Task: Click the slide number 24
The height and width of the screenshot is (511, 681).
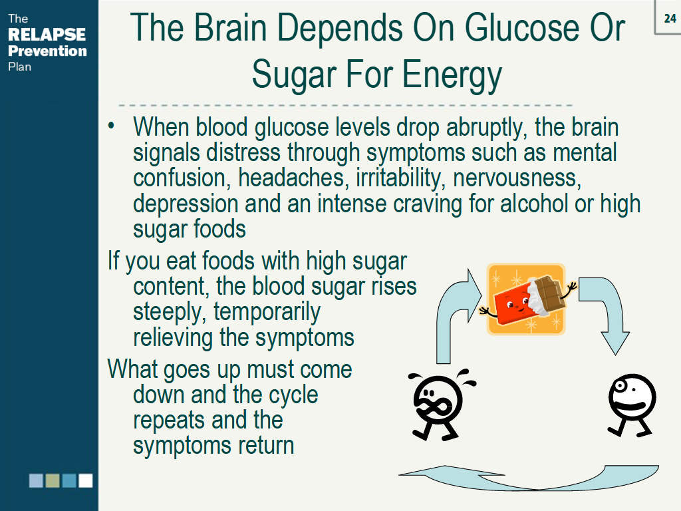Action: pos(670,19)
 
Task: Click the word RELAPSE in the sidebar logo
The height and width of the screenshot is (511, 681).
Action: pos(47,35)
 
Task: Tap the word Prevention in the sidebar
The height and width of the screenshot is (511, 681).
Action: pos(47,51)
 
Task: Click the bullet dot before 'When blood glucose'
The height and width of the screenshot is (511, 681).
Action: pos(111,126)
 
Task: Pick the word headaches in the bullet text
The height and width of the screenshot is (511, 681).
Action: pos(293,178)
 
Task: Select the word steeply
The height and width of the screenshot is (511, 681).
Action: pos(170,313)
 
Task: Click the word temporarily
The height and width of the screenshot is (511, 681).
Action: pos(267,313)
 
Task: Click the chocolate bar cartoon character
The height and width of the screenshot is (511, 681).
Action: pos(526,299)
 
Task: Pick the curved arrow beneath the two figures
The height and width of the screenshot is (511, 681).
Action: pos(530,483)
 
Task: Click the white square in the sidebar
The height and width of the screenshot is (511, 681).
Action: pos(86,480)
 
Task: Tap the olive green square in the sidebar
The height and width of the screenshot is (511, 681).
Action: pos(53,480)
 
